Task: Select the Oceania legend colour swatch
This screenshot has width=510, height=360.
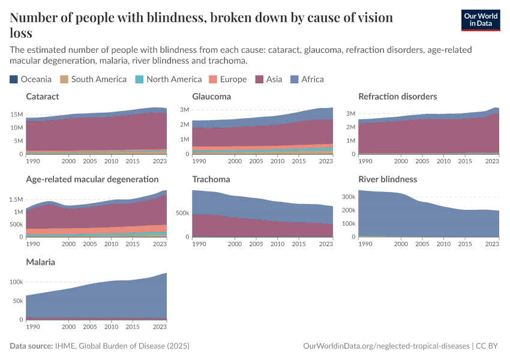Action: coord(14,79)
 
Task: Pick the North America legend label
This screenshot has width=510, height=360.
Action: coord(174,79)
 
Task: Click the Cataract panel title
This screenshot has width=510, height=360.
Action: coord(42,97)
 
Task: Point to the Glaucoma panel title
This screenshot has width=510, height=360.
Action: coord(211,97)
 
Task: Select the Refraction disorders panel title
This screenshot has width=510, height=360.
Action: coord(397,97)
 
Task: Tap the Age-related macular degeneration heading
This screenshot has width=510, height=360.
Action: coord(92,179)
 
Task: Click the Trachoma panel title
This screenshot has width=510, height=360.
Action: coord(211,179)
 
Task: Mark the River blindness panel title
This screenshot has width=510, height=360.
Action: coord(388,179)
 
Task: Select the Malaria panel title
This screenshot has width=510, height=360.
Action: coord(41,262)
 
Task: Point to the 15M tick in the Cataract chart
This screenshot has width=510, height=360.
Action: coord(17,115)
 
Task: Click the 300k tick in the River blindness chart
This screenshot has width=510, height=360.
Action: coord(350,197)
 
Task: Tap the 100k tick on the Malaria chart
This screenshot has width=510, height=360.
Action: coord(16,282)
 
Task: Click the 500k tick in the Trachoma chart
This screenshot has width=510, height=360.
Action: coord(183,212)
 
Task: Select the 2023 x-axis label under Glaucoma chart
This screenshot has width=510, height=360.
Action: coord(326,161)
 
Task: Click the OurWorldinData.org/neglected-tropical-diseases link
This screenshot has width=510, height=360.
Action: coord(386,346)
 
